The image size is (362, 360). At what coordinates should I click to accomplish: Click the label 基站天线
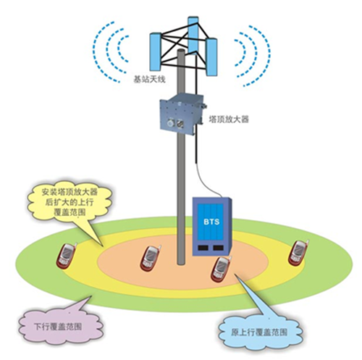149,79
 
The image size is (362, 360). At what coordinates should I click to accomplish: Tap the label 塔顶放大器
229,120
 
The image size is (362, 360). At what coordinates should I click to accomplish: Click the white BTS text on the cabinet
211,222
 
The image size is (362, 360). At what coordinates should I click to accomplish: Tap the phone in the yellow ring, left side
66,256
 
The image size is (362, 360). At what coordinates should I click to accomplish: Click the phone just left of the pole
150,259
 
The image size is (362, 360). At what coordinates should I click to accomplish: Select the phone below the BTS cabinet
221,269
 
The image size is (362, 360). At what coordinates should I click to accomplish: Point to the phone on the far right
298,253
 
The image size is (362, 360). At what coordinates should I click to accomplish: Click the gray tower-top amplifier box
181,114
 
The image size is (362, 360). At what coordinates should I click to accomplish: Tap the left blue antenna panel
155,51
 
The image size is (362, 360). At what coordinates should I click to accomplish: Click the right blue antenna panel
211,57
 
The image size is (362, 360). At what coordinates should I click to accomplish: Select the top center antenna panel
193,35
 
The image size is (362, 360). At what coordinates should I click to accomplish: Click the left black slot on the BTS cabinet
202,248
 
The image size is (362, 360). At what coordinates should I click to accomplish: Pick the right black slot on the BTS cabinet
218,248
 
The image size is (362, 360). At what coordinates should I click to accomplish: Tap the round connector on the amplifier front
171,124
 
